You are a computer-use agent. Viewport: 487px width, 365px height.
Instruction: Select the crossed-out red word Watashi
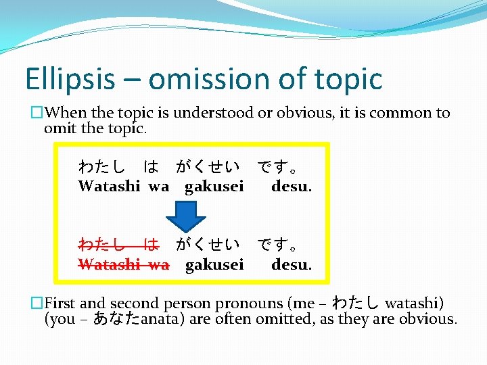(x=109, y=264)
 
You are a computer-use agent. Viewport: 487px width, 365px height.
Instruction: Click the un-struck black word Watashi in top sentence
(x=109, y=186)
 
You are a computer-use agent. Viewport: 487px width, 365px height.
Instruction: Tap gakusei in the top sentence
(x=214, y=187)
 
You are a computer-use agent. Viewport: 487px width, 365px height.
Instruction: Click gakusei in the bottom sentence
(x=214, y=265)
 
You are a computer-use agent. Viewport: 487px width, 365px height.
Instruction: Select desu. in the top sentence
(x=292, y=186)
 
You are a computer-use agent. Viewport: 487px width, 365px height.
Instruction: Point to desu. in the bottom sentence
(x=292, y=264)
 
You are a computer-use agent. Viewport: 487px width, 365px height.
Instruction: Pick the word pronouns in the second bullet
(x=248, y=303)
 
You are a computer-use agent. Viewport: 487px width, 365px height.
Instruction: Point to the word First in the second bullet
(x=66, y=303)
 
